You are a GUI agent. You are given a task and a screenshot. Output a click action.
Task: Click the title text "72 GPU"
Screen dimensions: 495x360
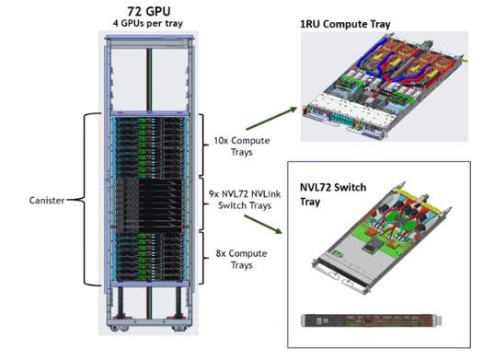[x=149, y=11]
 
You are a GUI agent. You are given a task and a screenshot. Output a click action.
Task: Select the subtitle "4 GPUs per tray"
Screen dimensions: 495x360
[x=148, y=23]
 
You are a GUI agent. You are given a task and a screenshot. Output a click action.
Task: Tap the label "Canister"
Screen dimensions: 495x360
[x=47, y=200]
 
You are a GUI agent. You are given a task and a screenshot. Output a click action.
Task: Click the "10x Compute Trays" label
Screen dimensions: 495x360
[x=242, y=146]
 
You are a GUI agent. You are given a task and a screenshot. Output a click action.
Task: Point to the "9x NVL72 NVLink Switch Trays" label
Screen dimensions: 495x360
[x=245, y=200]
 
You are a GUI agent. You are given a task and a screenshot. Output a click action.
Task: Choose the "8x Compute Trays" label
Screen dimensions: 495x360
[x=241, y=259]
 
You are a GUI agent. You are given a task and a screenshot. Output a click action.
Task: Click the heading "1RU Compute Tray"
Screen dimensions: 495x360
[x=345, y=24]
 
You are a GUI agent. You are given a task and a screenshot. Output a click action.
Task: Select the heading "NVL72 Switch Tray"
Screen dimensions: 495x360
[x=333, y=194]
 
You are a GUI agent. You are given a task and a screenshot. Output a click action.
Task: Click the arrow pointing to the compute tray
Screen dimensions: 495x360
[x=271, y=119]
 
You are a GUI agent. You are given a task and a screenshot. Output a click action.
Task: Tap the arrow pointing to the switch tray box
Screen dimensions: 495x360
[x=263, y=225]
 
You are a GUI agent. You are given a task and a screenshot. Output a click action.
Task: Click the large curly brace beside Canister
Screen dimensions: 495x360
[x=85, y=200]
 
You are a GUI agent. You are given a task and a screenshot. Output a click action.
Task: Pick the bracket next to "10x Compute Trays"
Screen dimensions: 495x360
[x=203, y=145]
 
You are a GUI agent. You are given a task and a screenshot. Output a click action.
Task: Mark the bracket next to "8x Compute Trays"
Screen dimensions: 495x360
[x=203, y=258]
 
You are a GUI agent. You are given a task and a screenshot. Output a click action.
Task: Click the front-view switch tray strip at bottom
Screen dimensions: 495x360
[x=372, y=320]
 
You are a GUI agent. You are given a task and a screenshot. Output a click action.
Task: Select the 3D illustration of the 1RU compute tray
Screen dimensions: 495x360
[x=384, y=87]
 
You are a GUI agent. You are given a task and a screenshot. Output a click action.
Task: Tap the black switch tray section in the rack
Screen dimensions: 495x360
[x=150, y=203]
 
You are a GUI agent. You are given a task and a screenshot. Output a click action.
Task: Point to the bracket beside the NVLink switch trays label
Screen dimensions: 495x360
[x=203, y=204]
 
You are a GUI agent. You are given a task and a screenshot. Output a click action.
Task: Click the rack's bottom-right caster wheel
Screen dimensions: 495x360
[x=179, y=329]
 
